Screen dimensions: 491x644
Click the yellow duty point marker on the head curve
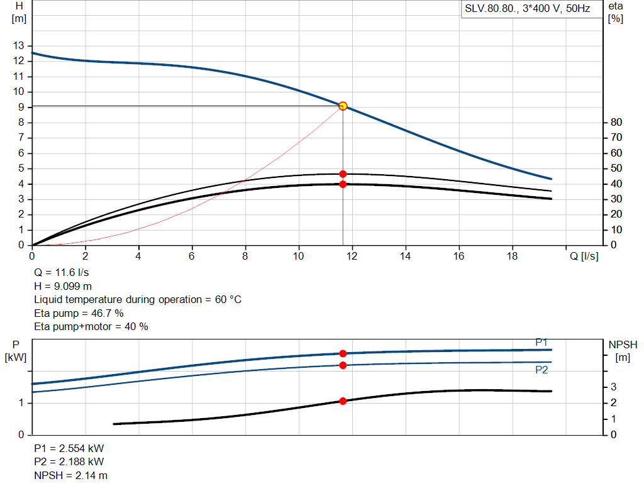[x=343, y=106]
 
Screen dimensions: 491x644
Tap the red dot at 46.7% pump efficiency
[x=343, y=174]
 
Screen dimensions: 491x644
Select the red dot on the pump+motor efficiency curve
[x=343, y=184]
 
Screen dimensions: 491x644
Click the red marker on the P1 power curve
[x=343, y=353]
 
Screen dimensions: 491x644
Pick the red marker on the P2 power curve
[x=343, y=365]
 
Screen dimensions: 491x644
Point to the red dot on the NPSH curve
[x=343, y=401]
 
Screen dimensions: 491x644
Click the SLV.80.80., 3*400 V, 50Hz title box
[x=527, y=9]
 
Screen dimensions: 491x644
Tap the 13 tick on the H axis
[x=19, y=46]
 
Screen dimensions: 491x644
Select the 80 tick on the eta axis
[x=616, y=122]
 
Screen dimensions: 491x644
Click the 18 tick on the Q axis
[x=513, y=256]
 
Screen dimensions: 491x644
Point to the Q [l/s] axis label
[x=584, y=256]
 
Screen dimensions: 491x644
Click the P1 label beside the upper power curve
[x=541, y=342]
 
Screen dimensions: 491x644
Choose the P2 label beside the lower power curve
[x=541, y=370]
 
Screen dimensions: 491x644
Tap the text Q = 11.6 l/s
[x=61, y=273]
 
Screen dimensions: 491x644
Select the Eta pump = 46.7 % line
[x=79, y=313]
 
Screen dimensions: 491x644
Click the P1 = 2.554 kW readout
[x=69, y=449]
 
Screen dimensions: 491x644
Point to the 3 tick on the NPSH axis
[x=613, y=387]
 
